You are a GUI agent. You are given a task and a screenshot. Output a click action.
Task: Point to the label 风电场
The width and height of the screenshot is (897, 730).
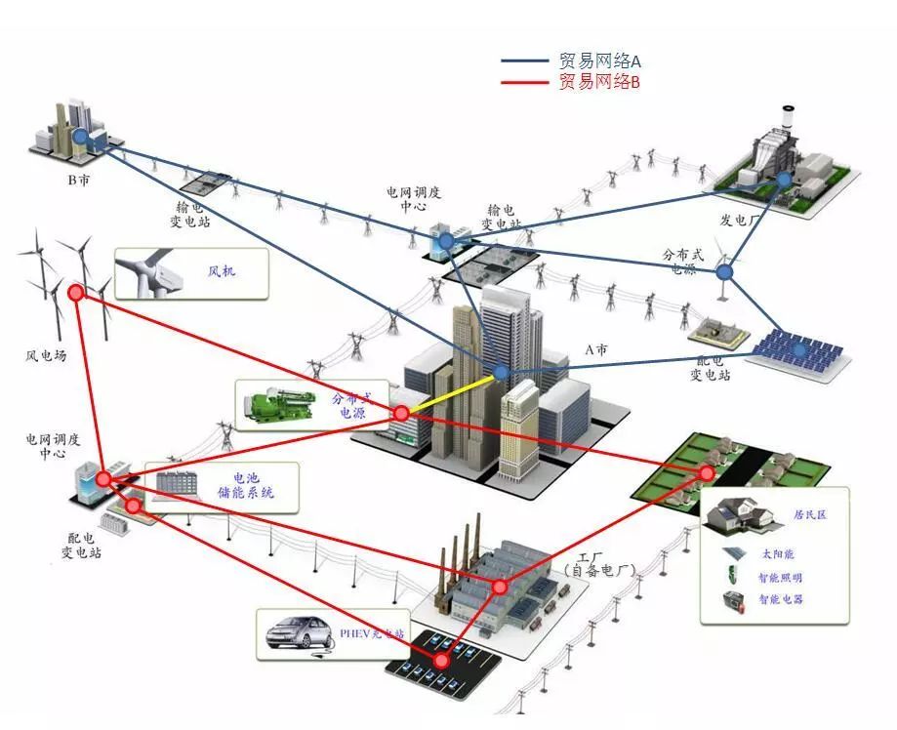click(x=46, y=356)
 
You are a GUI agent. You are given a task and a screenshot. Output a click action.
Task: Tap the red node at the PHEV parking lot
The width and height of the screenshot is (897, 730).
click(x=442, y=661)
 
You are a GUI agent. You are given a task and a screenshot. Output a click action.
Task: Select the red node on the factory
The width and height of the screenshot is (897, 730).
click(x=500, y=587)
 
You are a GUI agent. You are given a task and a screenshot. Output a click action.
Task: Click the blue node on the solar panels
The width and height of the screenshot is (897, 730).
click(x=799, y=347)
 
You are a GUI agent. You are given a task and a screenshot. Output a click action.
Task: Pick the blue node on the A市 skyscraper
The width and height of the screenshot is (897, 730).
click(x=501, y=372)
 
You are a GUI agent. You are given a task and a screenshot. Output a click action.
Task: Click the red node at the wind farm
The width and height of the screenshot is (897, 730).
click(x=76, y=291)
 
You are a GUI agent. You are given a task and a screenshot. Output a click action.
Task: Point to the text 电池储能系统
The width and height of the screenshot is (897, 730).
click(x=246, y=486)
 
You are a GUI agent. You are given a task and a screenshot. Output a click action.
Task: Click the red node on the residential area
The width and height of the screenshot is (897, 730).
click(x=707, y=472)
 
